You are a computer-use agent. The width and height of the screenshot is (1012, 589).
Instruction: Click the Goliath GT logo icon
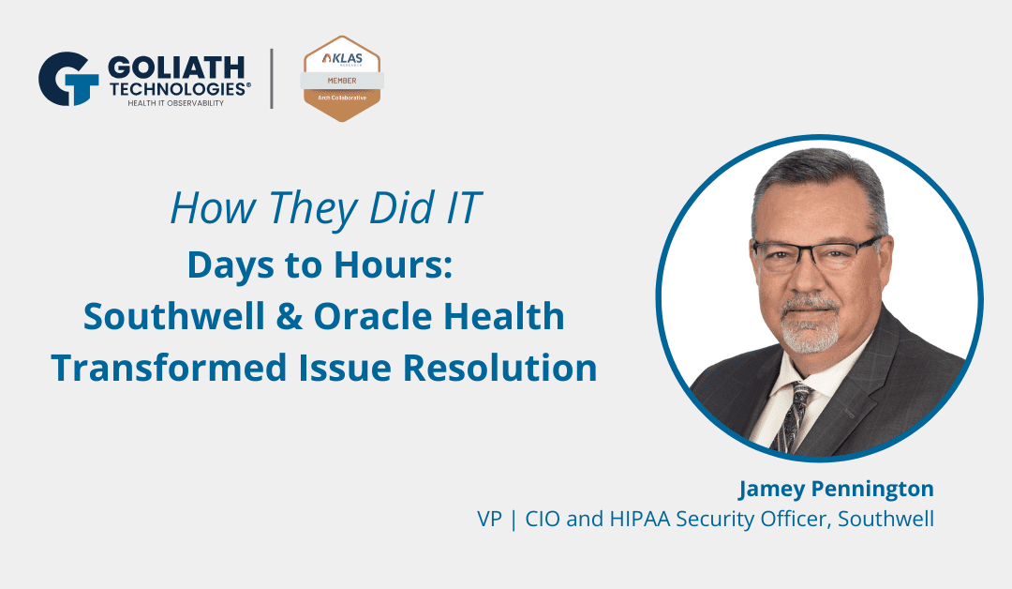tap(67, 79)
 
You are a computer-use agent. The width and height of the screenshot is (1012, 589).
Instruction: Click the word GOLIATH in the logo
tap(176, 67)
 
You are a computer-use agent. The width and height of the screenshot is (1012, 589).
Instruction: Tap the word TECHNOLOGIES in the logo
tap(178, 87)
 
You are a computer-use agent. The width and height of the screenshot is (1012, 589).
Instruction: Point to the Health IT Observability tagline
tap(177, 102)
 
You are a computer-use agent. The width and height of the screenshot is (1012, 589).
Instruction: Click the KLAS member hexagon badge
tap(341, 79)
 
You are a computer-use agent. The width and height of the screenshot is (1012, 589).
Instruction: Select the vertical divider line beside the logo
tap(273, 79)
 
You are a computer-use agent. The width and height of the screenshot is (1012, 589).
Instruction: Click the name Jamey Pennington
tap(836, 489)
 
